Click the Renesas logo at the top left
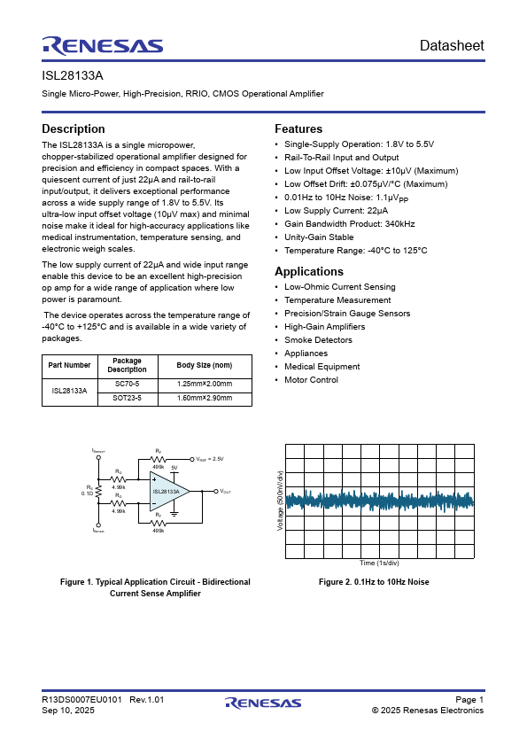102,46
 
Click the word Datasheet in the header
452,46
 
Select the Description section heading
74,128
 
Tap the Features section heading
298,128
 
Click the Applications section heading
309,271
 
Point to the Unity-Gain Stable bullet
319,237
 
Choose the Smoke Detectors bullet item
318,340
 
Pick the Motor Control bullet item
312,380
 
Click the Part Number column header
70,365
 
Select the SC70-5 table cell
128,384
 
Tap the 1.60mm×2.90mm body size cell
205,399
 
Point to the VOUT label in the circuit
225,491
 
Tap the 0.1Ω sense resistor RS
98,491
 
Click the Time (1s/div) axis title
379,563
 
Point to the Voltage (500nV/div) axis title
281,501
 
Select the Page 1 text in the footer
469,700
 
